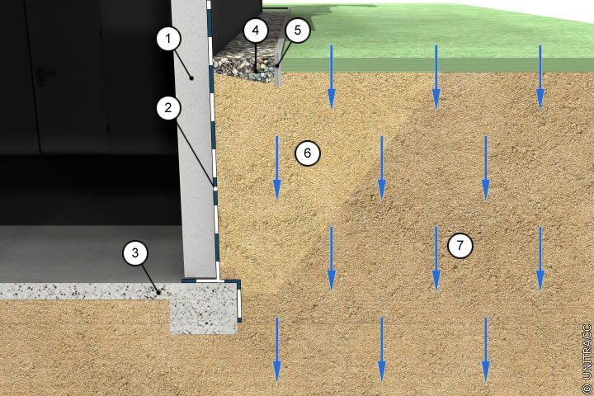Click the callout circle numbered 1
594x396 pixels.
(168, 38)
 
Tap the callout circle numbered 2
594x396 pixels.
(168, 107)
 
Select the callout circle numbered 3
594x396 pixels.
(135, 252)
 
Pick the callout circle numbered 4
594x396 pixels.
(256, 30)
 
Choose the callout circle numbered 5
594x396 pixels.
(298, 30)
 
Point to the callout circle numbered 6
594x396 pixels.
(308, 153)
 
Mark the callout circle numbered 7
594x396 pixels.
(460, 246)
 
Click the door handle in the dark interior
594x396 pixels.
(42, 73)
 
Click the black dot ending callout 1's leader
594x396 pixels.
(191, 78)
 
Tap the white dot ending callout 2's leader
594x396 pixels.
(215, 188)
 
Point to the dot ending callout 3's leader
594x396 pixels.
(158, 292)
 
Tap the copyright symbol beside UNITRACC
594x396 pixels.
(587, 388)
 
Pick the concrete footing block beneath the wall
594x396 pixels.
(204, 308)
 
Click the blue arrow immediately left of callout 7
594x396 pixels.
(436, 258)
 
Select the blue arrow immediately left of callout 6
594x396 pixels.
(277, 168)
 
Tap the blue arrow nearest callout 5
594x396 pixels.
(332, 78)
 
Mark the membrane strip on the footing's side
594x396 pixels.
(239, 302)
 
